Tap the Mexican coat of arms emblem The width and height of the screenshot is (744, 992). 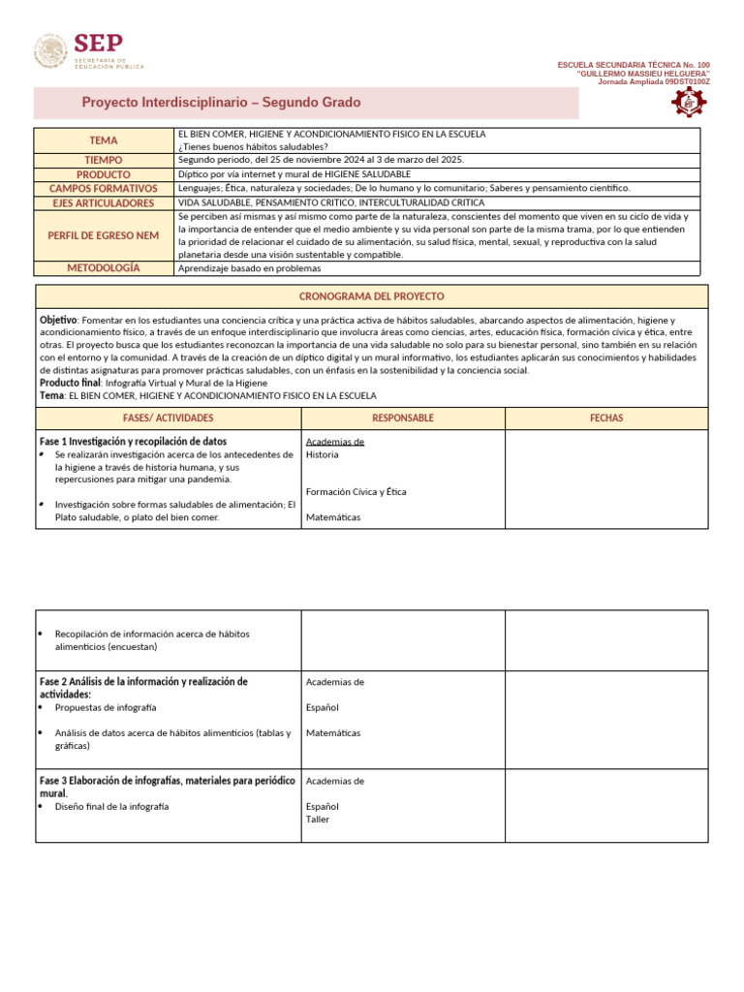coord(51,52)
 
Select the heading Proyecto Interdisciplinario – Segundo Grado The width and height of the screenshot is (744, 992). coord(221,103)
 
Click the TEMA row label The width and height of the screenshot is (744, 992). coord(104,140)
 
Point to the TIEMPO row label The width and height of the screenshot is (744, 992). coord(104,160)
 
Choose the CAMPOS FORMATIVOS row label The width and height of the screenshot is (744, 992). coord(104,188)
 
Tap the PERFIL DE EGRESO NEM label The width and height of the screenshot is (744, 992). coord(104,235)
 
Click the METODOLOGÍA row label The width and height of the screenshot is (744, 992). coord(104,267)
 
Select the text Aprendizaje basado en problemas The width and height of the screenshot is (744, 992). coord(250,268)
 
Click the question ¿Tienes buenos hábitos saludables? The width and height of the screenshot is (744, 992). coord(247,147)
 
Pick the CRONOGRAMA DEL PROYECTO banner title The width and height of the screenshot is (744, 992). coord(372,296)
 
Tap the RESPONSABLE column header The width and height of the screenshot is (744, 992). coord(403,418)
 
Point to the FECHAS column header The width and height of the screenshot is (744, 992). coord(606,418)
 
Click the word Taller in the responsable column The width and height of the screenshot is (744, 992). coord(318,820)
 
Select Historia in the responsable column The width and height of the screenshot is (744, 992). coord(323,454)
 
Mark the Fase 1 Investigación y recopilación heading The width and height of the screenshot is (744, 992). coord(133,442)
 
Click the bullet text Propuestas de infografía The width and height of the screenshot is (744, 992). coord(106,708)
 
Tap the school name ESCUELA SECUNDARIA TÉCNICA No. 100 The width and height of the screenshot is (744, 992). coord(634,65)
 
